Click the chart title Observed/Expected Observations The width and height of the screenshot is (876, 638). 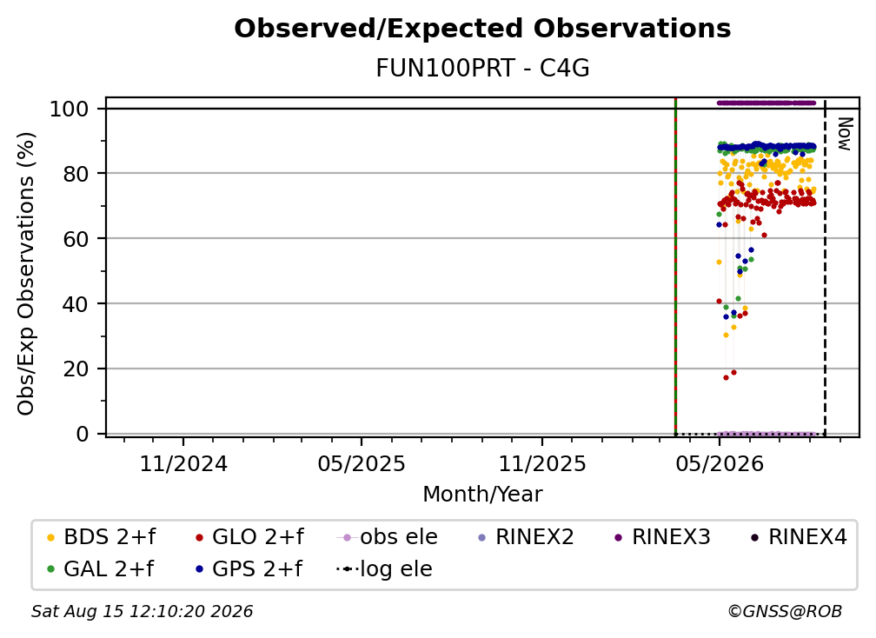pos(482,29)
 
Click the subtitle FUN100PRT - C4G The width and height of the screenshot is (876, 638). pos(482,69)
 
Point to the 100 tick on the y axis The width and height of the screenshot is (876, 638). pos(70,109)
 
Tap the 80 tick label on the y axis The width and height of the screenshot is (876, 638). pos(76,174)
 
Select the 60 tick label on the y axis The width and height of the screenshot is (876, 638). pos(76,238)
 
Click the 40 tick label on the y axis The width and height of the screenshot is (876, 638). pos(76,304)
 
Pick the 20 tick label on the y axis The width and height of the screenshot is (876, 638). pos(76,369)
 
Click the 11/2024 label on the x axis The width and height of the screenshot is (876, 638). pos(183,463)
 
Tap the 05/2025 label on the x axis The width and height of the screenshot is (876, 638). pos(362,463)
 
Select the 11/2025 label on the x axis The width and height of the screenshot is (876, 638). pos(542,463)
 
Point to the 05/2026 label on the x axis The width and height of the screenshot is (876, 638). pos(720,463)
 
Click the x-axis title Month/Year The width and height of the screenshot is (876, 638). pos(482,495)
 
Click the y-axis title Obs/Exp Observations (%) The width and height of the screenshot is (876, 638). pos(26,274)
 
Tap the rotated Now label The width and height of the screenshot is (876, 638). pos(845,134)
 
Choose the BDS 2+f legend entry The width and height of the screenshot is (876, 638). pos(101,537)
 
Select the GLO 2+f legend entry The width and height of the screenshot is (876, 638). pos(249,537)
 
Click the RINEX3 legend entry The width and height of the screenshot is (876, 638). pos(662,537)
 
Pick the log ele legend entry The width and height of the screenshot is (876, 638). pos(384,569)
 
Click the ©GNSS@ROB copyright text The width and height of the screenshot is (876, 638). pos(785,612)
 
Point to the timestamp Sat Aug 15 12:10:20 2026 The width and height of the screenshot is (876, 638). pos(142,612)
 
